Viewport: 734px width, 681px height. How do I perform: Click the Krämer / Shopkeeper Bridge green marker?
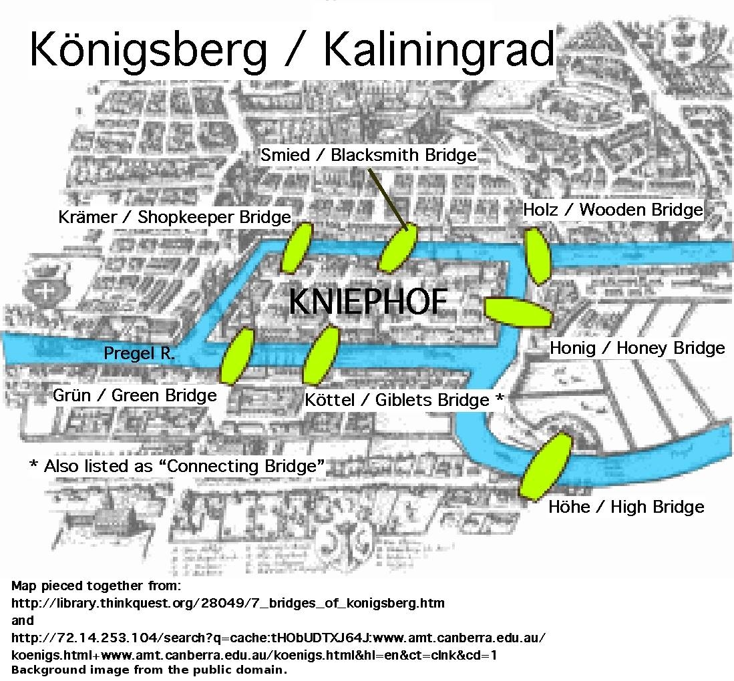tap(297, 247)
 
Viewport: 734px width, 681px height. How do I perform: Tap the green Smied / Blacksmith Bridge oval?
tap(398, 248)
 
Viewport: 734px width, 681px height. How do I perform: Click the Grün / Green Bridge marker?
tap(237, 355)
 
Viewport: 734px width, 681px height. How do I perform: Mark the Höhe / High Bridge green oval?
tap(545, 465)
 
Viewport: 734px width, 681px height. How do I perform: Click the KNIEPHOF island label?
tap(367, 302)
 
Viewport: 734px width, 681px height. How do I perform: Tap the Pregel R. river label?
tap(139, 353)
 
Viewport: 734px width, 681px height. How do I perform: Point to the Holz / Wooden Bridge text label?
tap(613, 210)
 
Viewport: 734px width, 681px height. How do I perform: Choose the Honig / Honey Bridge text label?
tap(636, 348)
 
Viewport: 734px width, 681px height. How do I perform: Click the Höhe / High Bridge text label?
tap(626, 507)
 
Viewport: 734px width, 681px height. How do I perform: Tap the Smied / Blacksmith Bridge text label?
tap(369, 155)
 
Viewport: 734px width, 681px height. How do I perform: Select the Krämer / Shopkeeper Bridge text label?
tap(174, 217)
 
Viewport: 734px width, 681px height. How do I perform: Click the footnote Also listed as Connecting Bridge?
tap(178, 465)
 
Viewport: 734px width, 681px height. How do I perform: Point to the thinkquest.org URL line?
tap(228, 603)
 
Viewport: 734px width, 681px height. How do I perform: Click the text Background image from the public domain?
tap(149, 670)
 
